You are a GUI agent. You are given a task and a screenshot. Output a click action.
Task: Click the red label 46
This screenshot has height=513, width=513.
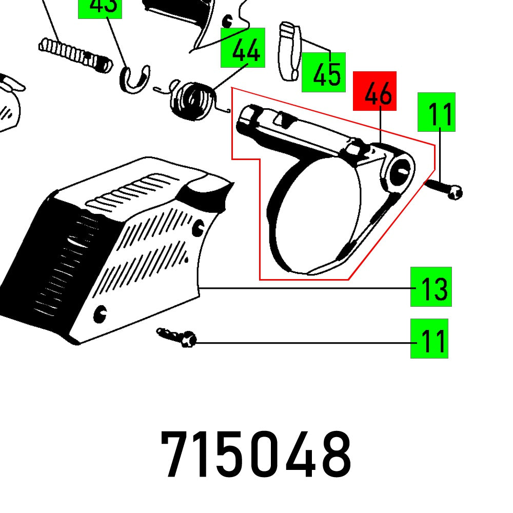click(x=374, y=91)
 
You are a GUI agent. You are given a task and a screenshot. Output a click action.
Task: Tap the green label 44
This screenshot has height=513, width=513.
click(x=243, y=48)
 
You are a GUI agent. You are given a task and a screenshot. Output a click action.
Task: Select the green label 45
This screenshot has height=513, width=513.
click(x=323, y=72)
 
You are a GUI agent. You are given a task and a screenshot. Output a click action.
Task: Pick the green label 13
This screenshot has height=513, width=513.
click(x=431, y=287)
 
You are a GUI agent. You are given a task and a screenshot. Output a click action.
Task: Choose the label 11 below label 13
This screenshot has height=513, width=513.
click(x=429, y=338)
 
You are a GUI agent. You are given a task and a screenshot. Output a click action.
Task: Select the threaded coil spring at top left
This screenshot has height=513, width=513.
click(x=74, y=53)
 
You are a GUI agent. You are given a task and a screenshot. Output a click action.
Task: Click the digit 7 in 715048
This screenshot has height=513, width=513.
click(x=177, y=455)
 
